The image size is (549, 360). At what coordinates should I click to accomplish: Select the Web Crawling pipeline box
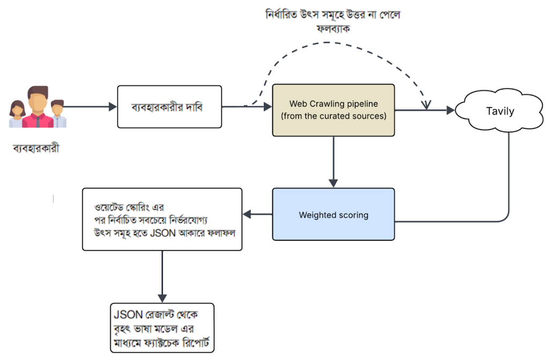pos(333,109)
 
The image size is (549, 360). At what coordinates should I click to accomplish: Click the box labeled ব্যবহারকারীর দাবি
pos(169,106)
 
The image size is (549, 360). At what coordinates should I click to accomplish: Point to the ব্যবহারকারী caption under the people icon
pos(35,148)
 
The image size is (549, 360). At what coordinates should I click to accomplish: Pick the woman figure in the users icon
pos(18,114)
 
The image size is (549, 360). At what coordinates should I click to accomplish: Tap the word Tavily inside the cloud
pos(500,112)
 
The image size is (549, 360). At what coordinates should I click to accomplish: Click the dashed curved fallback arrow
pos(343,45)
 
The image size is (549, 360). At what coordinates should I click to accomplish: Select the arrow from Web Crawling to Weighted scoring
pos(333,161)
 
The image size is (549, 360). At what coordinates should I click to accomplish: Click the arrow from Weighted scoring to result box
pos(258,215)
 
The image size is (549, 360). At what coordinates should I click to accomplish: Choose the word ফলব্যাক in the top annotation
pos(333,29)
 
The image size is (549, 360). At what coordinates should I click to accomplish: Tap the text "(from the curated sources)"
pos(333,115)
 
